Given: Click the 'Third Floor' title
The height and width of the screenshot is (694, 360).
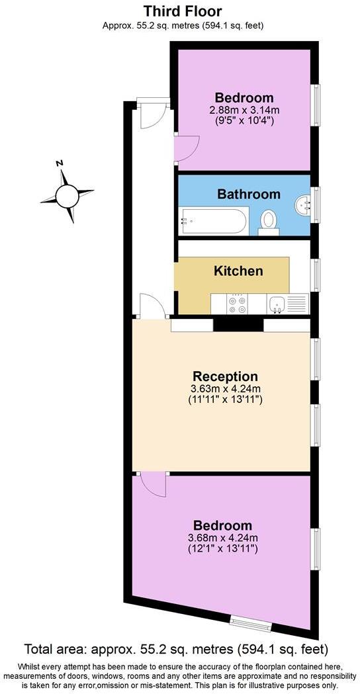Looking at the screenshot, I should (x=183, y=11).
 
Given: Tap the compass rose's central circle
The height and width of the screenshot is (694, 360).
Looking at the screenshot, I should (x=67, y=195).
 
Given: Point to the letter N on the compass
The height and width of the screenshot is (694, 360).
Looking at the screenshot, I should (x=60, y=163).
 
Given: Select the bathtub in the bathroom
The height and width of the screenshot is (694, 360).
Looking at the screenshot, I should (x=212, y=221).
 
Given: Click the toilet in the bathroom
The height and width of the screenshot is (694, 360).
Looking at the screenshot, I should (x=268, y=220).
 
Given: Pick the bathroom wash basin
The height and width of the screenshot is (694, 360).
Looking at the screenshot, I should (x=304, y=205).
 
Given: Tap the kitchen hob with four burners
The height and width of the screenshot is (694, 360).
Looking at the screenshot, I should (x=238, y=304).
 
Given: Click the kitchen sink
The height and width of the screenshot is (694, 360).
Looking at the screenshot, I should (x=278, y=304).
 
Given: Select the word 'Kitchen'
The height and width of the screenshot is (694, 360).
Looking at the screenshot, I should (x=238, y=271).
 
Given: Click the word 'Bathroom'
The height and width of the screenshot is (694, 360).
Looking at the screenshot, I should (x=249, y=195).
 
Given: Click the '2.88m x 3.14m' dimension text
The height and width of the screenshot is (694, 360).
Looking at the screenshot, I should (x=244, y=110).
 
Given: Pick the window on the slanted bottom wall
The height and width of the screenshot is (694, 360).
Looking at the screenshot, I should (x=249, y=623).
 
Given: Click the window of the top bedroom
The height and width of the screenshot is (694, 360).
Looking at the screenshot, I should (x=316, y=105).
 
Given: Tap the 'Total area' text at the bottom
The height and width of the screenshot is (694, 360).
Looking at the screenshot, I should (x=176, y=648).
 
